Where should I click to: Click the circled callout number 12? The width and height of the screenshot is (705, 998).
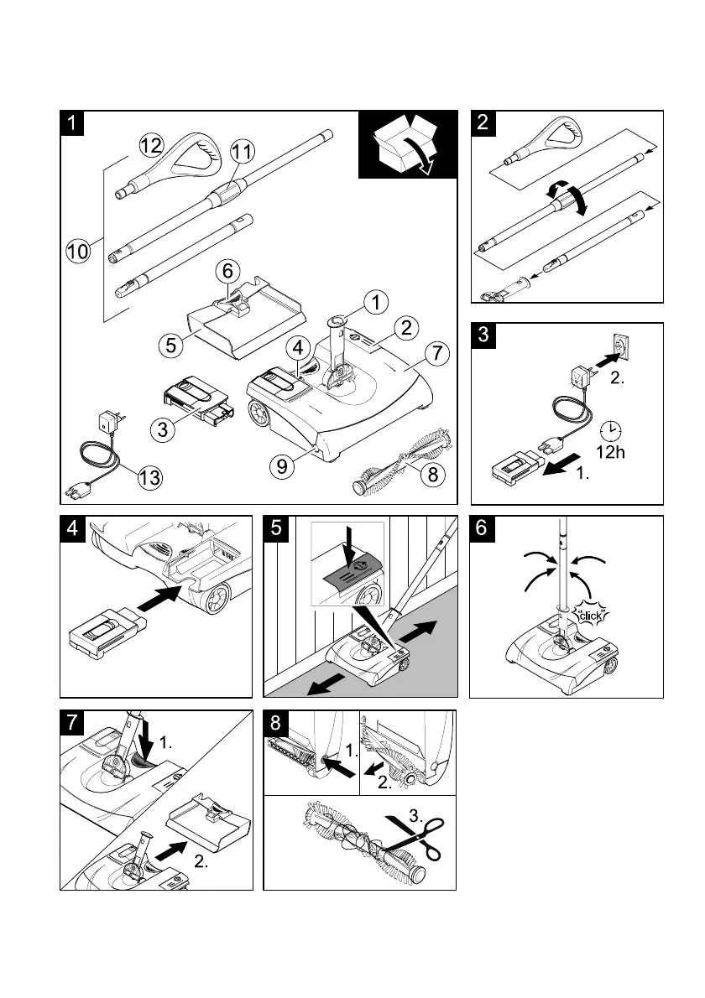point(152,145)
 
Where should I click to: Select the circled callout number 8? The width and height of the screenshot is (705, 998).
point(431,475)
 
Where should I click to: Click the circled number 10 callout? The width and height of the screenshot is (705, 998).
point(79,249)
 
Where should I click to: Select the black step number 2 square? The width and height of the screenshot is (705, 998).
point(482,122)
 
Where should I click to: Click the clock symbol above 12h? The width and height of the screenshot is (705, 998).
point(613,429)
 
